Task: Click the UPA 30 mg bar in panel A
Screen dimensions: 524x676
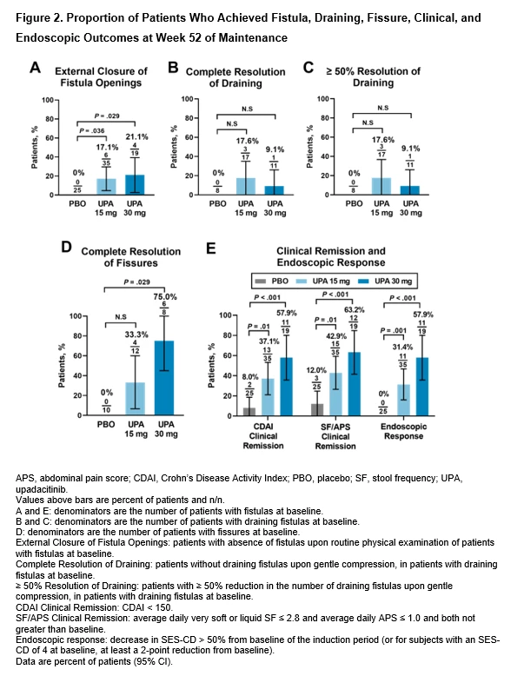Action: click(x=135, y=185)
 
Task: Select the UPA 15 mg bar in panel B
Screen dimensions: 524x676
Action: click(x=246, y=186)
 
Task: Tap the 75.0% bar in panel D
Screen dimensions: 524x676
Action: click(x=164, y=378)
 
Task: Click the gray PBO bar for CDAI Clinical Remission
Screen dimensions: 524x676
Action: click(x=249, y=412)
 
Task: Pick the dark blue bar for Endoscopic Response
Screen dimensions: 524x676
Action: click(x=422, y=387)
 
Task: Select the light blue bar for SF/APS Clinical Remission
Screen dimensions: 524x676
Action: click(x=335, y=394)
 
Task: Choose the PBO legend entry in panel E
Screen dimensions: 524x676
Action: click(x=272, y=282)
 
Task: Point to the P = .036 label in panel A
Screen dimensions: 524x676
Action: click(x=92, y=130)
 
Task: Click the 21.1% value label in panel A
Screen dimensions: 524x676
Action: click(x=136, y=137)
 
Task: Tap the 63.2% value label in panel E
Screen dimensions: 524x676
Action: click(x=354, y=309)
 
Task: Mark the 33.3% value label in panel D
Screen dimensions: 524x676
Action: click(x=136, y=335)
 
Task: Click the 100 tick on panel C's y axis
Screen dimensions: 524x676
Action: click(x=323, y=99)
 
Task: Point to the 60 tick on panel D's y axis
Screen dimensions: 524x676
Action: click(x=77, y=355)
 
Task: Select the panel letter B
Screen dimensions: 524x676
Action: click(x=173, y=68)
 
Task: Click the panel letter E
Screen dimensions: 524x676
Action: click(x=211, y=249)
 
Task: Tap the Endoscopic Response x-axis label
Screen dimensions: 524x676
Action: click(x=404, y=431)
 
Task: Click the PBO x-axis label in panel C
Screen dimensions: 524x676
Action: click(x=354, y=203)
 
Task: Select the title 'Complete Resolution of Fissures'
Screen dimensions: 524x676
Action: click(x=130, y=257)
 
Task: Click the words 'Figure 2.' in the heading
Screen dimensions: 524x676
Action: click(x=39, y=18)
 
